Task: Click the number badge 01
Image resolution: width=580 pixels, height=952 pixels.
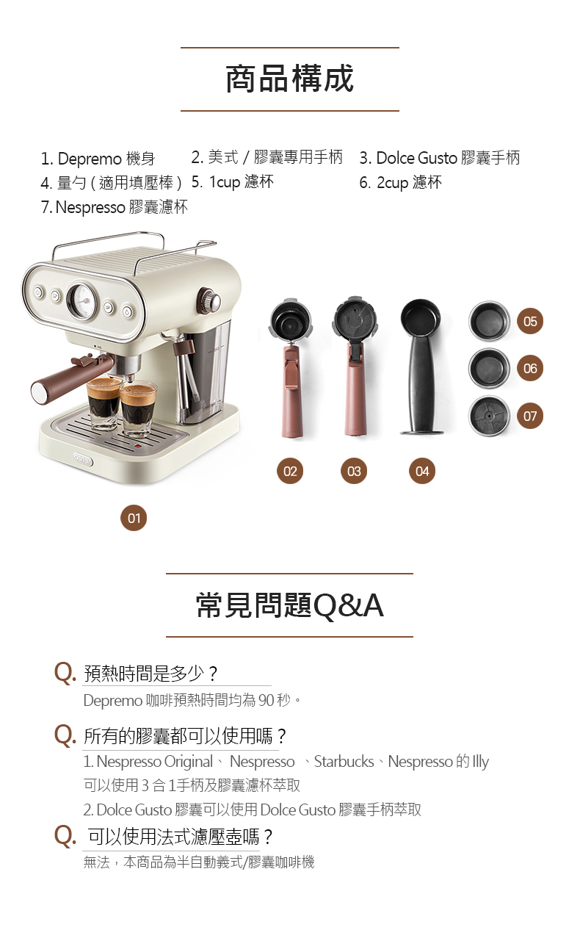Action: (134, 518)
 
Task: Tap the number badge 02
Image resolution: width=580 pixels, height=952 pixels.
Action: (290, 471)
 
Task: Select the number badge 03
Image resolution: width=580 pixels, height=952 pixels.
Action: (354, 471)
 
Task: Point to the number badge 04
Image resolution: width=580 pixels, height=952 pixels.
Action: (422, 471)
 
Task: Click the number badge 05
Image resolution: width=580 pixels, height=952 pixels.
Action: (530, 321)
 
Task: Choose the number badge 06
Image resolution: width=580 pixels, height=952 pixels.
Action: (530, 368)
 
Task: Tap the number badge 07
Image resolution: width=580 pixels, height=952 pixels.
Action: (530, 416)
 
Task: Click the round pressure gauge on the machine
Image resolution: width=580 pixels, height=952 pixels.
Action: (82, 300)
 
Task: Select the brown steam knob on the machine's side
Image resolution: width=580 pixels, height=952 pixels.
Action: (209, 300)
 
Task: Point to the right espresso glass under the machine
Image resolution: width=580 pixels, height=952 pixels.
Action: (138, 408)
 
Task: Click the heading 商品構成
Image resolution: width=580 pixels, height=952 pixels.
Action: (290, 79)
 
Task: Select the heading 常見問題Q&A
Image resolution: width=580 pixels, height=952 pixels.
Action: (290, 605)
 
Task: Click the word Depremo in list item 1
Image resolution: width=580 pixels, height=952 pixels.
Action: (90, 159)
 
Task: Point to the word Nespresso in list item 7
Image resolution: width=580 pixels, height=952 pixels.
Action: (90, 207)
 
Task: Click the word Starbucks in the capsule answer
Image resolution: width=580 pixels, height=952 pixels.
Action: (344, 762)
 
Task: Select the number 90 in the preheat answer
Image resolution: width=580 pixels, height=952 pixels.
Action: (266, 700)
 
